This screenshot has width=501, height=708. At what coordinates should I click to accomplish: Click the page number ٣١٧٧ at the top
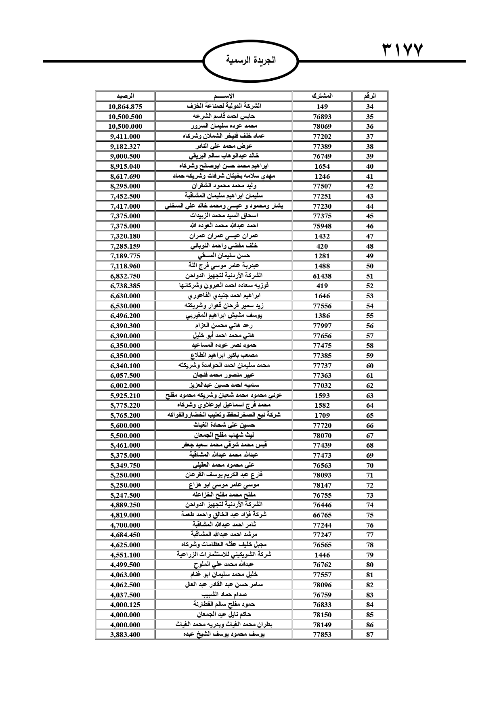tap(402, 51)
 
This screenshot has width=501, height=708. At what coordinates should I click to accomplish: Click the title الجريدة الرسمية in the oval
tap(251, 61)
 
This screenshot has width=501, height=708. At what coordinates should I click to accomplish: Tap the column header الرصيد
tap(125, 96)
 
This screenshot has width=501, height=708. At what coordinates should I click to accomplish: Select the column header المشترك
tap(322, 96)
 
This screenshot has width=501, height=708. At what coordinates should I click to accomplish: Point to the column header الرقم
tap(370, 96)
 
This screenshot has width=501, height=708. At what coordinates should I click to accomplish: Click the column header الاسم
tap(223, 96)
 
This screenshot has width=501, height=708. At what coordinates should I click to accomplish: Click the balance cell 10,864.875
tap(125, 107)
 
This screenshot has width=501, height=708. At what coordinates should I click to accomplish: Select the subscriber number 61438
tap(322, 276)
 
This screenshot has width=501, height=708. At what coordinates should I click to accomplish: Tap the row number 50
tap(370, 266)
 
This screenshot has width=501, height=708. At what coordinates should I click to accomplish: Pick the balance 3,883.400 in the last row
tap(125, 635)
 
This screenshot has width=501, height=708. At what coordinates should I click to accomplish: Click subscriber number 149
tap(322, 107)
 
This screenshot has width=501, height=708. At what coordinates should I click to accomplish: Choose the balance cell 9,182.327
tap(125, 147)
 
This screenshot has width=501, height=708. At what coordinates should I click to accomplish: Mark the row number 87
tap(370, 635)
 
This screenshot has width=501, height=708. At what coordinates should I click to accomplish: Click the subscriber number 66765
tap(322, 515)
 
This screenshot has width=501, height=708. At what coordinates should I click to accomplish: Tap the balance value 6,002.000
tap(125, 385)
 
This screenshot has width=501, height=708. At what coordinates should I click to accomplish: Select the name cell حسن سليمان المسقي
tap(223, 256)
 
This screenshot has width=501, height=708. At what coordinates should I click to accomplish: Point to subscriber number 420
tap(322, 246)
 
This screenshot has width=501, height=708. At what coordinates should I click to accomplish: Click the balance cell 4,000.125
tap(125, 605)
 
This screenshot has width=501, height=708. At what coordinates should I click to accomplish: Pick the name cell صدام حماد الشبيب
tap(223, 595)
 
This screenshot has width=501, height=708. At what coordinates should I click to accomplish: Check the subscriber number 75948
tap(322, 226)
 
